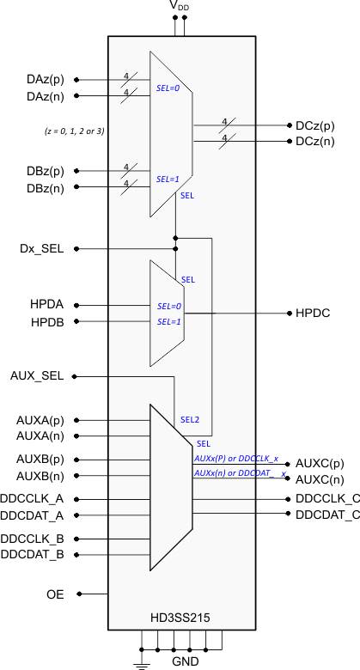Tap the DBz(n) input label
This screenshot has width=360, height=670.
point(45,187)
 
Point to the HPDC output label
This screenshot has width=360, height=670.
point(314,314)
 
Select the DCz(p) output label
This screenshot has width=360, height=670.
point(315,125)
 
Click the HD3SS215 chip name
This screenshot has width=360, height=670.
point(180,618)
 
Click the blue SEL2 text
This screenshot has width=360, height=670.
point(189,420)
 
